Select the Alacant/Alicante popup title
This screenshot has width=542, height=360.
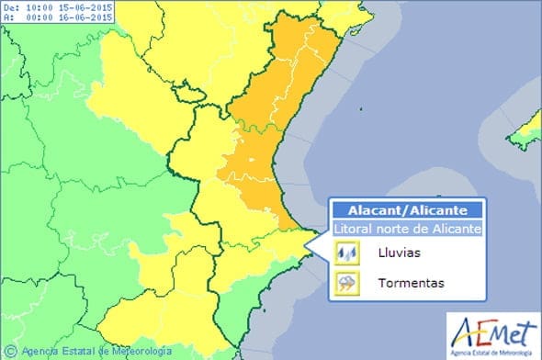tap(406, 210)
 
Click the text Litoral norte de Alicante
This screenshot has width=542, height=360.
tap(406, 228)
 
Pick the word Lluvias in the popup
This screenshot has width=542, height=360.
tap(397, 251)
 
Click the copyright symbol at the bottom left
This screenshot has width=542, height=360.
tap(11, 350)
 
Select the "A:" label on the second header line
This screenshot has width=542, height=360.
tap(8, 19)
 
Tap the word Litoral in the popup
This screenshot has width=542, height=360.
tap(354, 228)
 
